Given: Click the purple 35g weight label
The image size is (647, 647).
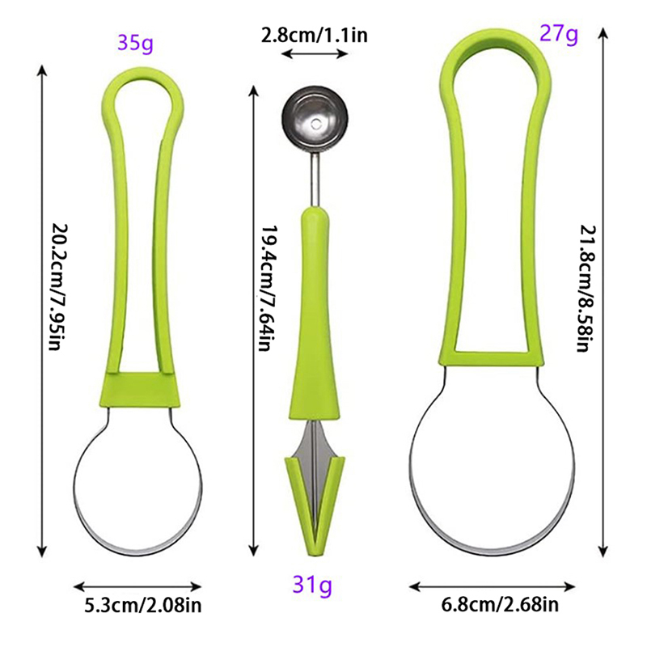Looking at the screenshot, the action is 135,43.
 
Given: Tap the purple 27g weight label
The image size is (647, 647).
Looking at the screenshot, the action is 559,34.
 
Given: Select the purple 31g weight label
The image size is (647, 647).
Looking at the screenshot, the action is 312,585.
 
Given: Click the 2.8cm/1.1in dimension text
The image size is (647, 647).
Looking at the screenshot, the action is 314,35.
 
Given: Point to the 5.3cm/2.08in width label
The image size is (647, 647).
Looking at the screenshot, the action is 143,605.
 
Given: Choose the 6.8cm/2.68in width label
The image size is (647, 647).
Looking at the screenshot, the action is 500,604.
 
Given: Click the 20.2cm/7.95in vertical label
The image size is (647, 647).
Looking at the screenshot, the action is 58,287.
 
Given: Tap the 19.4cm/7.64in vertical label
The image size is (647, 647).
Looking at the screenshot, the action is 269,288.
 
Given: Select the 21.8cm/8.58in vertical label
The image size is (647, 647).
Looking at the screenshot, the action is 587,288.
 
